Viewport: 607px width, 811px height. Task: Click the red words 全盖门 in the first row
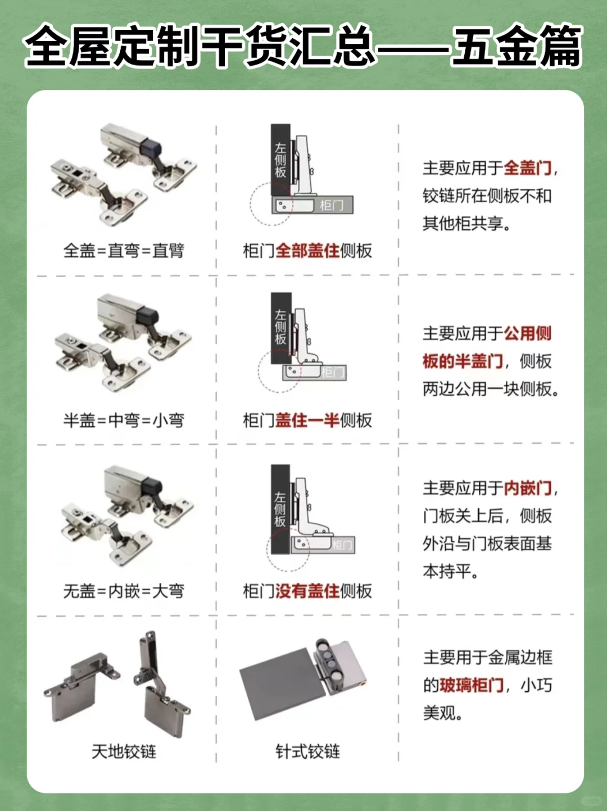pyautogui.click(x=527, y=167)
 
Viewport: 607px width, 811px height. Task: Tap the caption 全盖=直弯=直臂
pyautogui.click(x=124, y=251)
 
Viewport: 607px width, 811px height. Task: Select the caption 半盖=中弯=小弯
pyautogui.click(x=124, y=420)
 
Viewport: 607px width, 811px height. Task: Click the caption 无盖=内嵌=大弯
pyautogui.click(x=124, y=591)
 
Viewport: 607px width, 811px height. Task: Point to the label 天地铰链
pyautogui.click(x=124, y=751)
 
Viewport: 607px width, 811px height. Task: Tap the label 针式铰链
pyautogui.click(x=307, y=751)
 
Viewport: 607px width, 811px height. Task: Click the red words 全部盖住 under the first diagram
pyautogui.click(x=307, y=251)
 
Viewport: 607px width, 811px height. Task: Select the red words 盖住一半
pyautogui.click(x=307, y=420)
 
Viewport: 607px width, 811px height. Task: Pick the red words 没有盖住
pyautogui.click(x=307, y=591)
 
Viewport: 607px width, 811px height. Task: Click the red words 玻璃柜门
pyautogui.click(x=472, y=685)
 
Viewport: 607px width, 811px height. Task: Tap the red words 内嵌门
pyautogui.click(x=527, y=488)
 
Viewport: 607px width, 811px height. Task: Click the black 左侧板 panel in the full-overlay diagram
pyautogui.click(x=280, y=160)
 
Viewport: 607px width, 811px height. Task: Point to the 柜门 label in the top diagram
pyautogui.click(x=332, y=205)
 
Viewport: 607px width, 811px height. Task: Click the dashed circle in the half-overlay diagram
pyautogui.click(x=279, y=371)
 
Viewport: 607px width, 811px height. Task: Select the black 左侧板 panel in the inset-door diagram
pyautogui.click(x=280, y=509)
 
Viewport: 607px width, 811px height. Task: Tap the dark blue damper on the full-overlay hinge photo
pyautogui.click(x=151, y=148)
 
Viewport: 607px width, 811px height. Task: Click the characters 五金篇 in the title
pyautogui.click(x=516, y=46)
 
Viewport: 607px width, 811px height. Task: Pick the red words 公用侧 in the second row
pyautogui.click(x=527, y=333)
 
